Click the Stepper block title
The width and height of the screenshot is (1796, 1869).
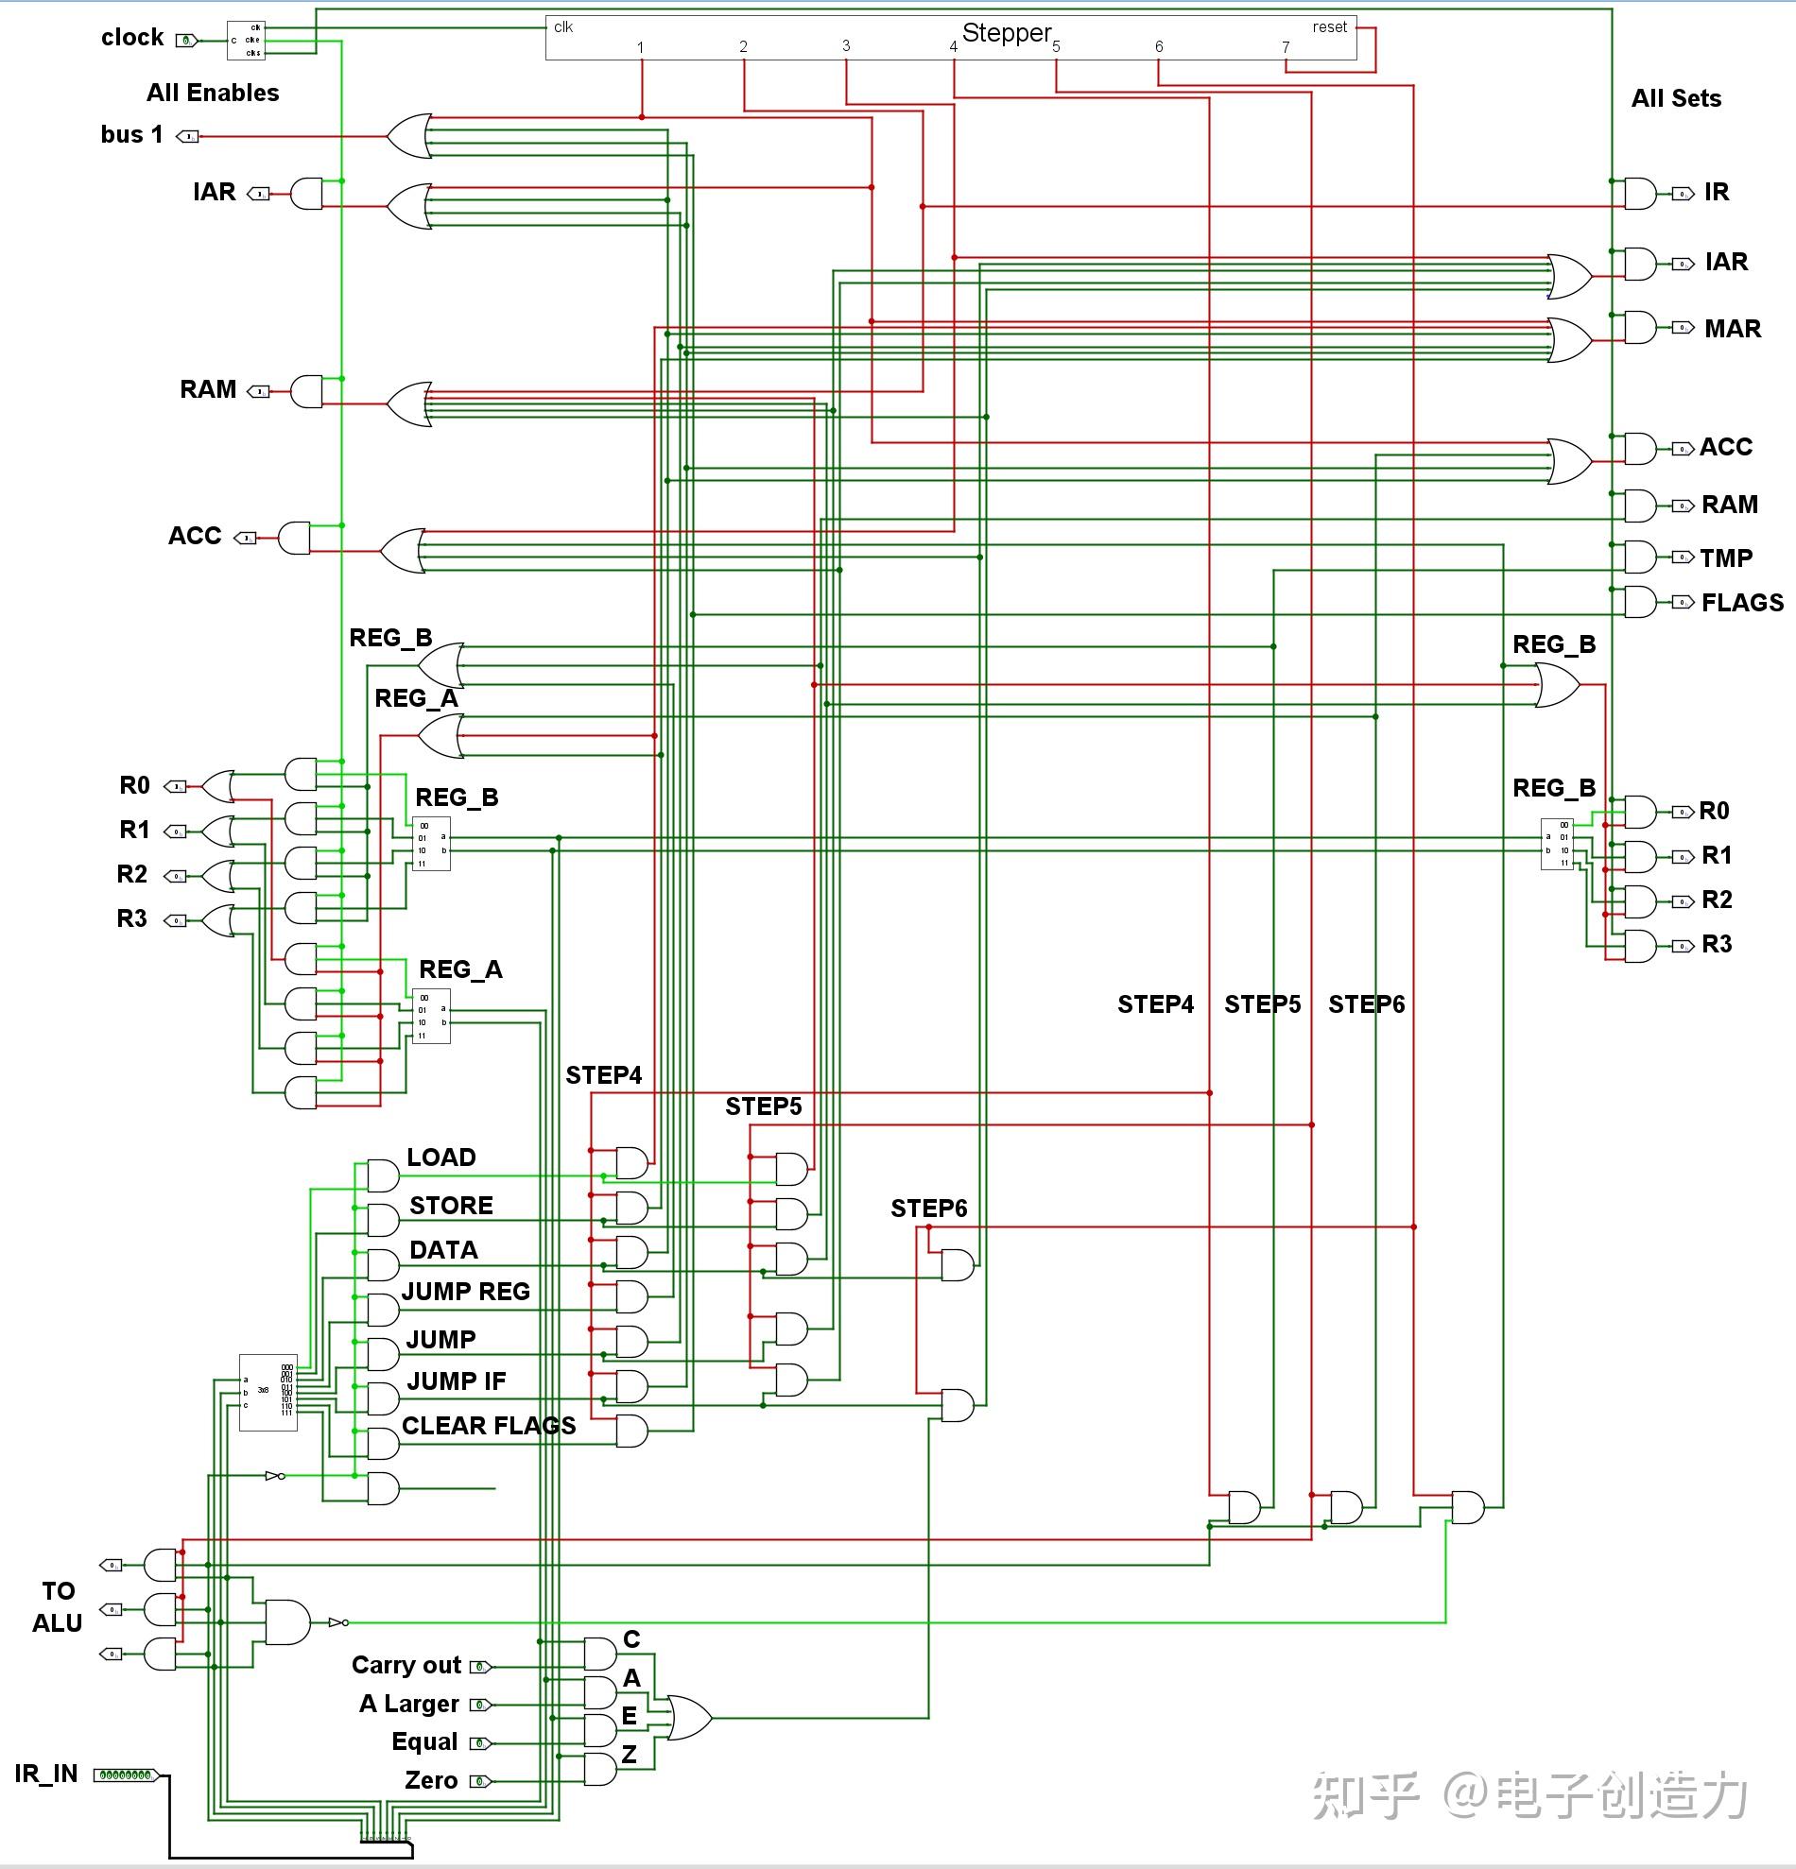tap(1006, 32)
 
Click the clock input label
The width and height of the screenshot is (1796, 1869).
tap(132, 37)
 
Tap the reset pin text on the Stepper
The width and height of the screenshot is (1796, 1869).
tap(1329, 26)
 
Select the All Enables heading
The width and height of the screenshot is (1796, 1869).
tap(213, 93)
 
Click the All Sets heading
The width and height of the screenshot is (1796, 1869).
tap(1676, 98)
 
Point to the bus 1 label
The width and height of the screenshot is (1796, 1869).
tap(131, 134)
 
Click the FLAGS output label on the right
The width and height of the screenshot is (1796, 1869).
tap(1741, 603)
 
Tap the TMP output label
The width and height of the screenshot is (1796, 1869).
tap(1725, 557)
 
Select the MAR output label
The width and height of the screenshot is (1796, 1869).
tap(1732, 329)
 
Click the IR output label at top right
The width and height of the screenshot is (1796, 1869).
tap(1716, 192)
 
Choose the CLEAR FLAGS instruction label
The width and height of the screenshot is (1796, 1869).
tap(489, 1426)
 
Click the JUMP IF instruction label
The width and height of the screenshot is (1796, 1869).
tap(456, 1380)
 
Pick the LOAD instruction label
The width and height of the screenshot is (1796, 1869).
tap(440, 1157)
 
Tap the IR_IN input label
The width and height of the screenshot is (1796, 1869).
tap(45, 1774)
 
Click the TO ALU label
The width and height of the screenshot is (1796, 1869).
tap(58, 1606)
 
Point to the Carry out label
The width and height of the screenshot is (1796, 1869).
tap(406, 1665)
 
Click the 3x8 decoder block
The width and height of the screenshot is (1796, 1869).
tap(268, 1392)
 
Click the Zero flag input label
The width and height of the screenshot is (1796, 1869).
tap(431, 1780)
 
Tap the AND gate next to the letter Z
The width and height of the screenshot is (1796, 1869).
tap(600, 1769)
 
